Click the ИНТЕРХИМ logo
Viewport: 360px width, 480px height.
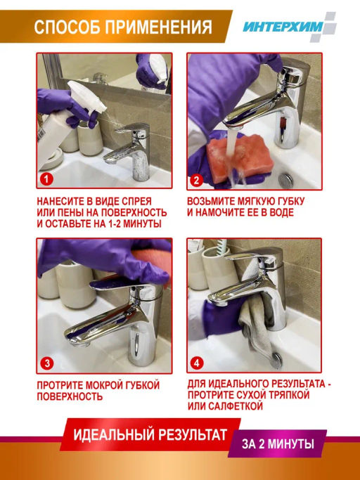[290, 27]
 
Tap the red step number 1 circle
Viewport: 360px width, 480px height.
[46, 179]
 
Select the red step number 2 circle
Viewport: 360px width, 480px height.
[196, 181]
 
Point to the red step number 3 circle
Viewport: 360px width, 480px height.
[47, 363]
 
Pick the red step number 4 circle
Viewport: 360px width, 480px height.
[197, 363]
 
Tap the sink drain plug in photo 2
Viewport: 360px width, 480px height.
[286, 181]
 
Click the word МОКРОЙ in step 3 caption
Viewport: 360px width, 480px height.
[108, 385]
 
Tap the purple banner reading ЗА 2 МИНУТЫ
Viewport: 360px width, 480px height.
[277, 443]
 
